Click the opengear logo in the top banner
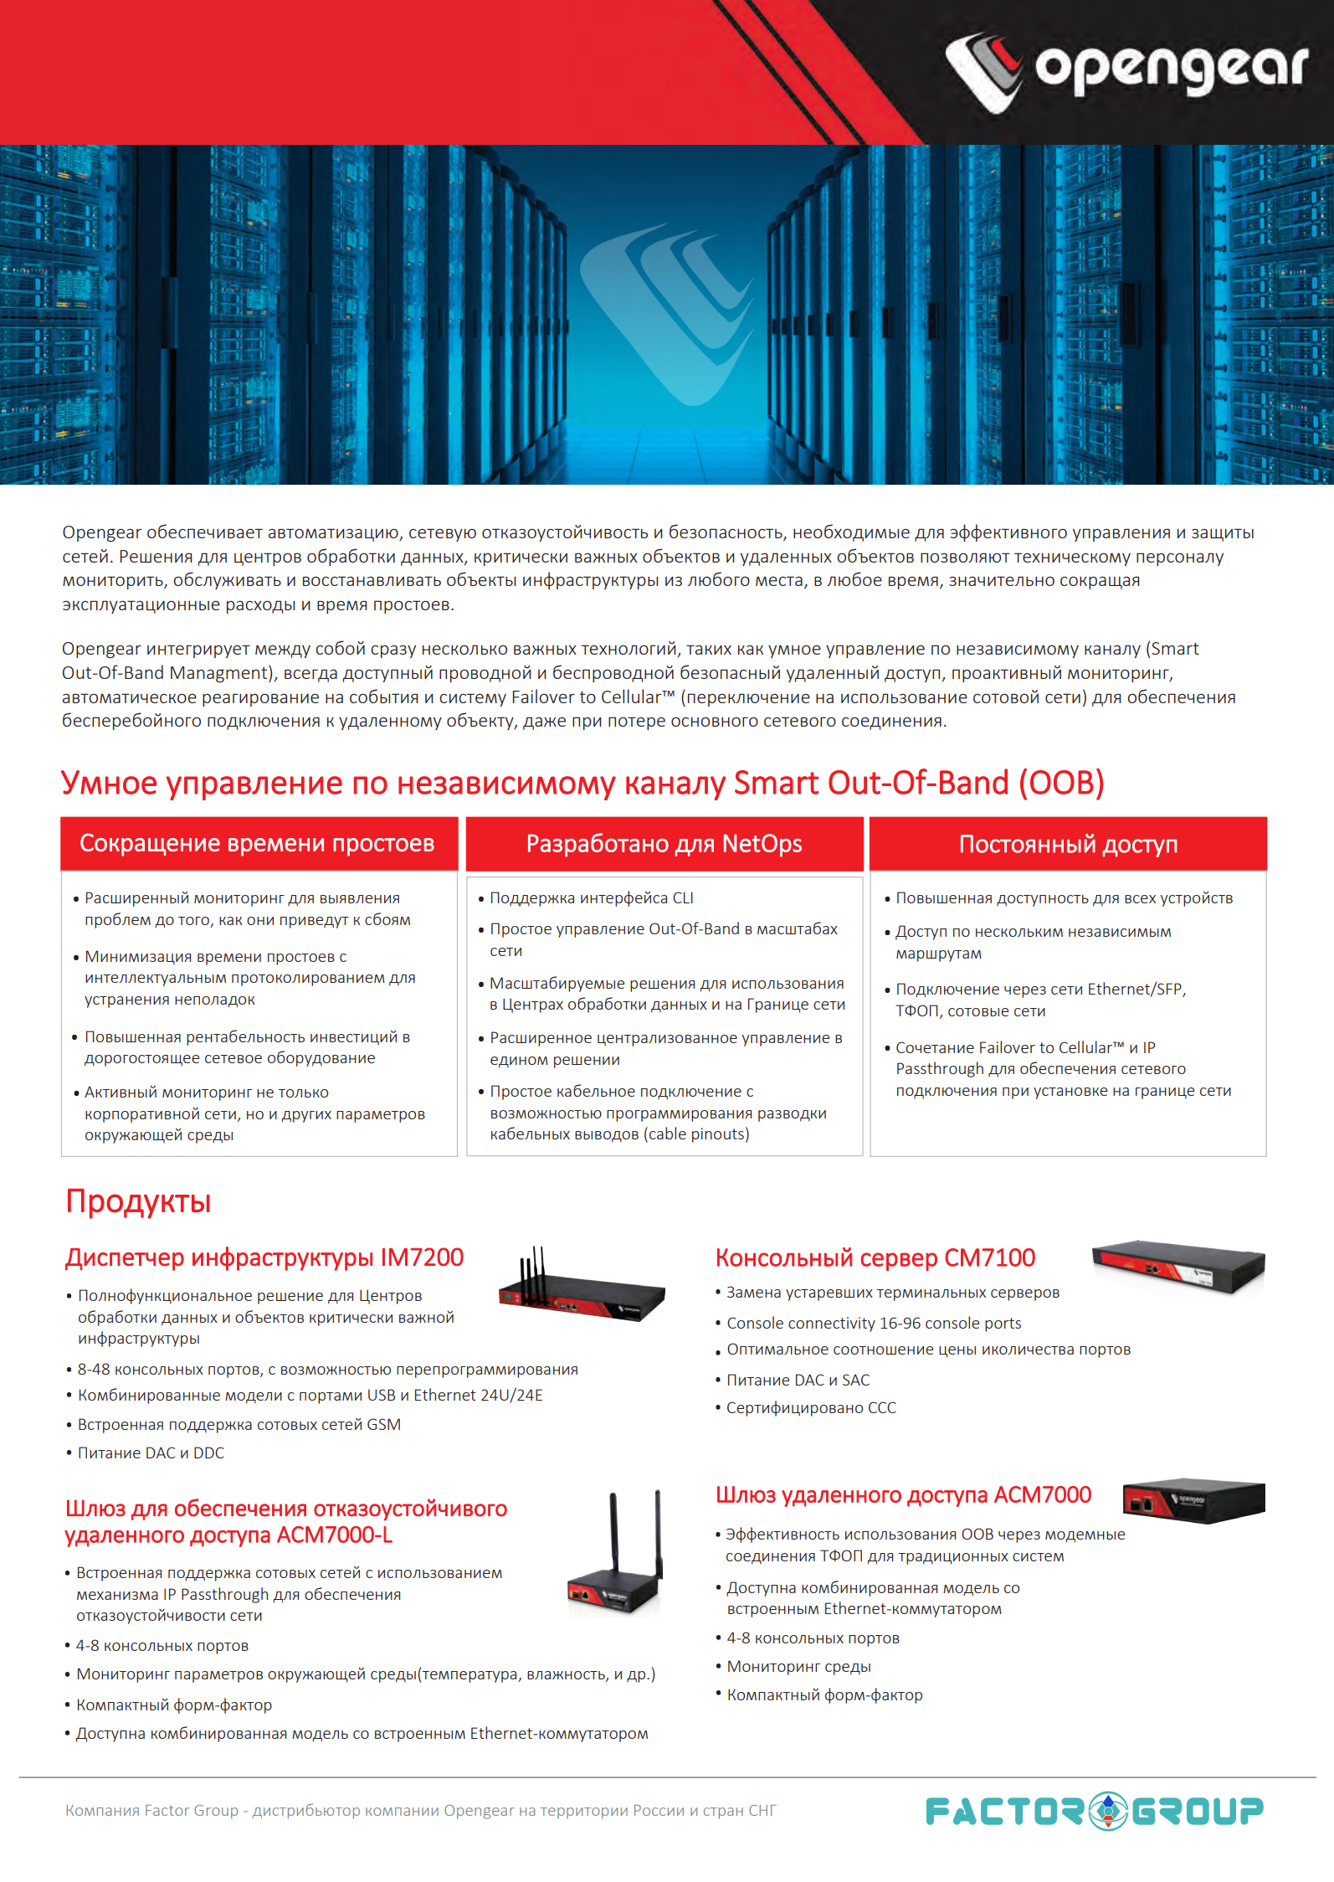coord(1126,71)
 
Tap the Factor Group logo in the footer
coord(1095,1811)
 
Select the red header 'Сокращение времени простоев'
coord(259,843)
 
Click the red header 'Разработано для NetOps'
coord(664,843)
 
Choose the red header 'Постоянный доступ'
coord(1068,844)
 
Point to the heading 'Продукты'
coord(138,1201)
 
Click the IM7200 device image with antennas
coord(582,1285)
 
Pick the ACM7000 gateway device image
coord(1193,1500)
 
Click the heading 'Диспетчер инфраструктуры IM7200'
coord(264,1257)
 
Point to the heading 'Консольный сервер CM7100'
coord(875,1257)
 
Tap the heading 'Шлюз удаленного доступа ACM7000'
coord(904,1494)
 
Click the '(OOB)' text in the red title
coord(1061,783)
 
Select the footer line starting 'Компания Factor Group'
coord(421,1810)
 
